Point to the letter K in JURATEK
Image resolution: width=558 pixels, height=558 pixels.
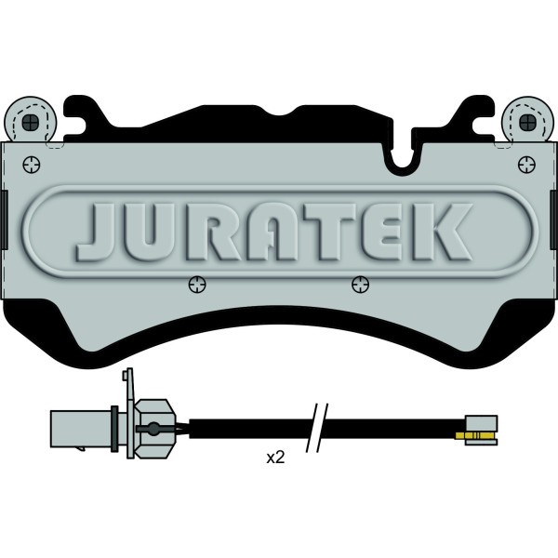click(x=442, y=232)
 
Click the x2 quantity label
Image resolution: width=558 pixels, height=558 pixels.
click(x=276, y=458)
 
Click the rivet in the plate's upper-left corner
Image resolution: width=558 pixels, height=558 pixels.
click(x=32, y=165)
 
